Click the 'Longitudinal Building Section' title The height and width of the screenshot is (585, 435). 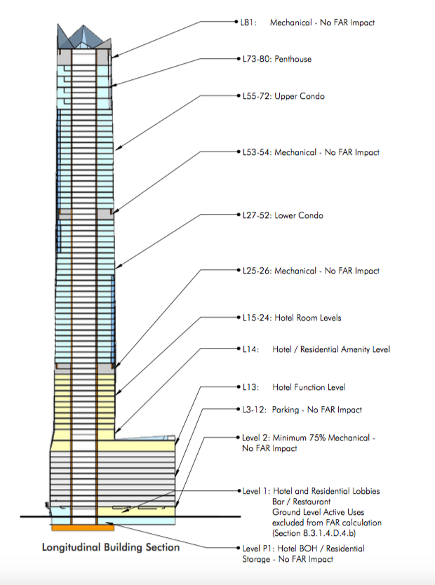pyautogui.click(x=111, y=547)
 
